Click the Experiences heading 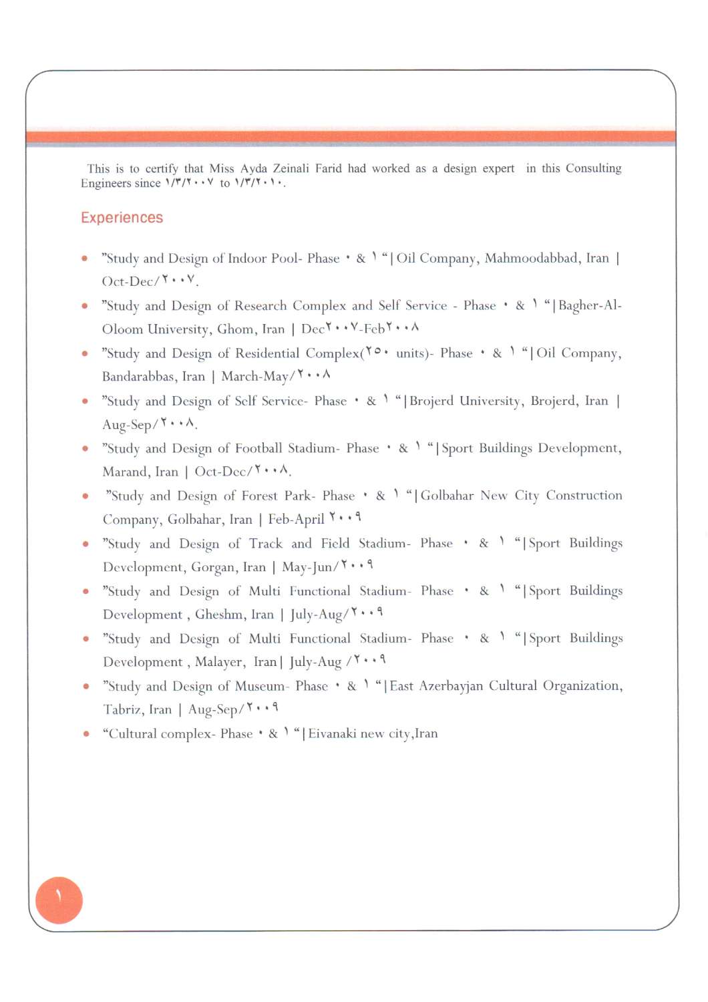tap(122, 218)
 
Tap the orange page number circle tap(59, 900)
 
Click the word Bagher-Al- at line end tap(590, 306)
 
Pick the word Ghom tap(236, 329)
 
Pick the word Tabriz tap(122, 709)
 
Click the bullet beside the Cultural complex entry tap(85, 733)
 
